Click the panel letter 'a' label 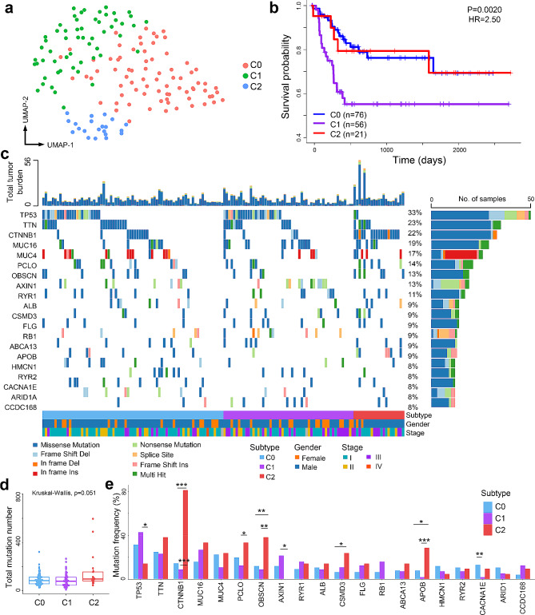8,8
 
